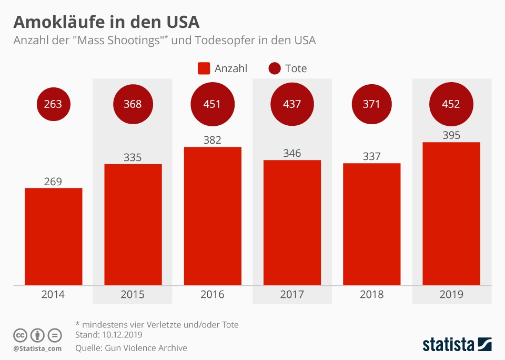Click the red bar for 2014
53,236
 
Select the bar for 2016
213,216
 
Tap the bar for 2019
451,214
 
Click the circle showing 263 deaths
53,104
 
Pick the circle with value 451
212,104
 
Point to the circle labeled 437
292,104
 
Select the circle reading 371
371,104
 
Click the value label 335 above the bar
133,157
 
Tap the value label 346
292,153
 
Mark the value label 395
451,135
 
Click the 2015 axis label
133,294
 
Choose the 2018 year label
371,294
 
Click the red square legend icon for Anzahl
204,68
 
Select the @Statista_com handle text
37,348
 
